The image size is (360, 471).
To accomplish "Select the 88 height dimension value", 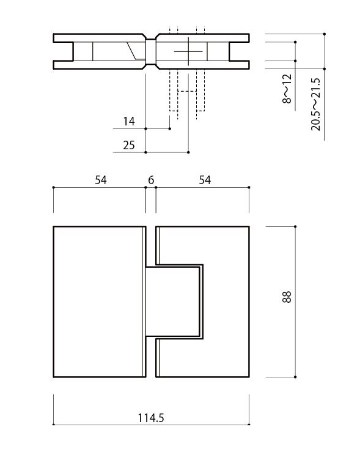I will [288, 297].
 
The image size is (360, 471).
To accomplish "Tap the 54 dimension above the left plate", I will [101, 180].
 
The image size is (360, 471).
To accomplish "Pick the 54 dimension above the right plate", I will [205, 180].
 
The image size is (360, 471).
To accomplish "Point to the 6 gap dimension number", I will [151, 180].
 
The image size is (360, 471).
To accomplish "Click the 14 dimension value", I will [128, 122].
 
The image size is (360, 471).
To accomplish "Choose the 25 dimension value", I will [128, 145].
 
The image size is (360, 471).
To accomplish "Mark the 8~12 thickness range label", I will [287, 89].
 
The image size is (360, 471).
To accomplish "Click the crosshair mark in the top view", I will [188, 52].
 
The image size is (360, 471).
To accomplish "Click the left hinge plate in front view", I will [98, 302].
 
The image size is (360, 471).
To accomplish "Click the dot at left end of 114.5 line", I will [54, 423].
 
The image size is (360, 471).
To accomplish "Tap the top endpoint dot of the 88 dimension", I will [295, 226].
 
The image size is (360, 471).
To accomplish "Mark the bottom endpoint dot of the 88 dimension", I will [295, 377].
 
